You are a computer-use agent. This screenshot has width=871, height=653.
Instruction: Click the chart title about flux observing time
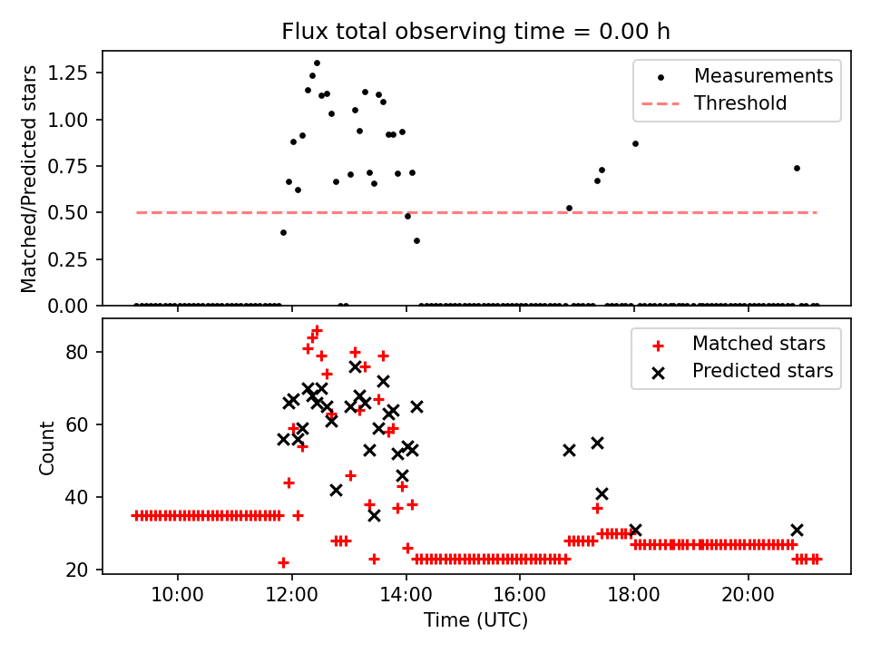click(x=475, y=32)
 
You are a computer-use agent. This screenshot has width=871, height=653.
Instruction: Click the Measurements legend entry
click(x=763, y=76)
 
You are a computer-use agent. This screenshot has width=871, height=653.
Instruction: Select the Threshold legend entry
click(x=740, y=103)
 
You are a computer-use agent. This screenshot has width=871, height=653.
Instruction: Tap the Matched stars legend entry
click(x=758, y=344)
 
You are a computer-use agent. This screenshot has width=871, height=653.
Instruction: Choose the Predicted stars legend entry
click(x=762, y=371)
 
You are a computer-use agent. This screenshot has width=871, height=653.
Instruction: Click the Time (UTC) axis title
click(x=475, y=620)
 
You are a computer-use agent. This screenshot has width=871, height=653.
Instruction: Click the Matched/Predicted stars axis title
click(x=29, y=179)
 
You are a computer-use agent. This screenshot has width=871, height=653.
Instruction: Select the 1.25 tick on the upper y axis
click(x=75, y=73)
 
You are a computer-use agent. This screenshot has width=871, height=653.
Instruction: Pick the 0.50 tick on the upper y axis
click(x=75, y=212)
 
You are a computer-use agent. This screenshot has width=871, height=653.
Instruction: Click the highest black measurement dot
click(x=317, y=63)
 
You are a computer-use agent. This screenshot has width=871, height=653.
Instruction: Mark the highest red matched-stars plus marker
click(x=317, y=331)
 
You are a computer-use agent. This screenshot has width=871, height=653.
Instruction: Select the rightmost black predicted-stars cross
click(x=797, y=530)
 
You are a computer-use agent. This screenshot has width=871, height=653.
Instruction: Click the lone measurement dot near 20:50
click(x=797, y=168)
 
